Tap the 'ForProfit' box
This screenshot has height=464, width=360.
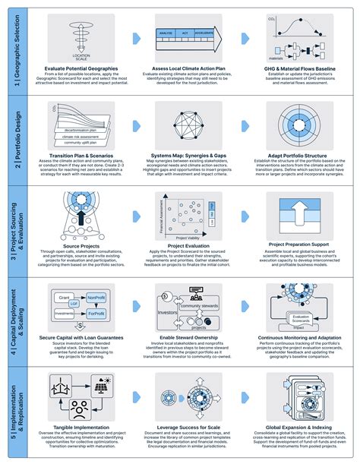coord(96,312)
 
